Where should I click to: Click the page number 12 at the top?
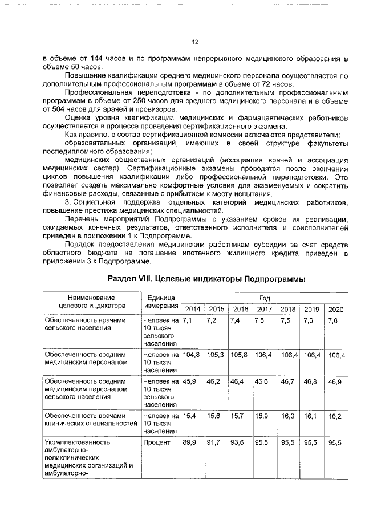coord(194,42)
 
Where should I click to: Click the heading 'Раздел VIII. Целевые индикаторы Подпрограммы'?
coord(206,279)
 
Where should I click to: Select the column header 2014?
coord(193,309)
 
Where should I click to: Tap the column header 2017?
coord(264,309)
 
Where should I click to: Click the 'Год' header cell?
coord(265,298)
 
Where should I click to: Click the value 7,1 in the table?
coord(188,320)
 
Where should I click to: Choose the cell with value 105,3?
coord(216,355)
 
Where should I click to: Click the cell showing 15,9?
coord(262,416)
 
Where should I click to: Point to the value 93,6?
coord(238,442)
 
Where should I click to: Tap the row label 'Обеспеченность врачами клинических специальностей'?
coord(91,420)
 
